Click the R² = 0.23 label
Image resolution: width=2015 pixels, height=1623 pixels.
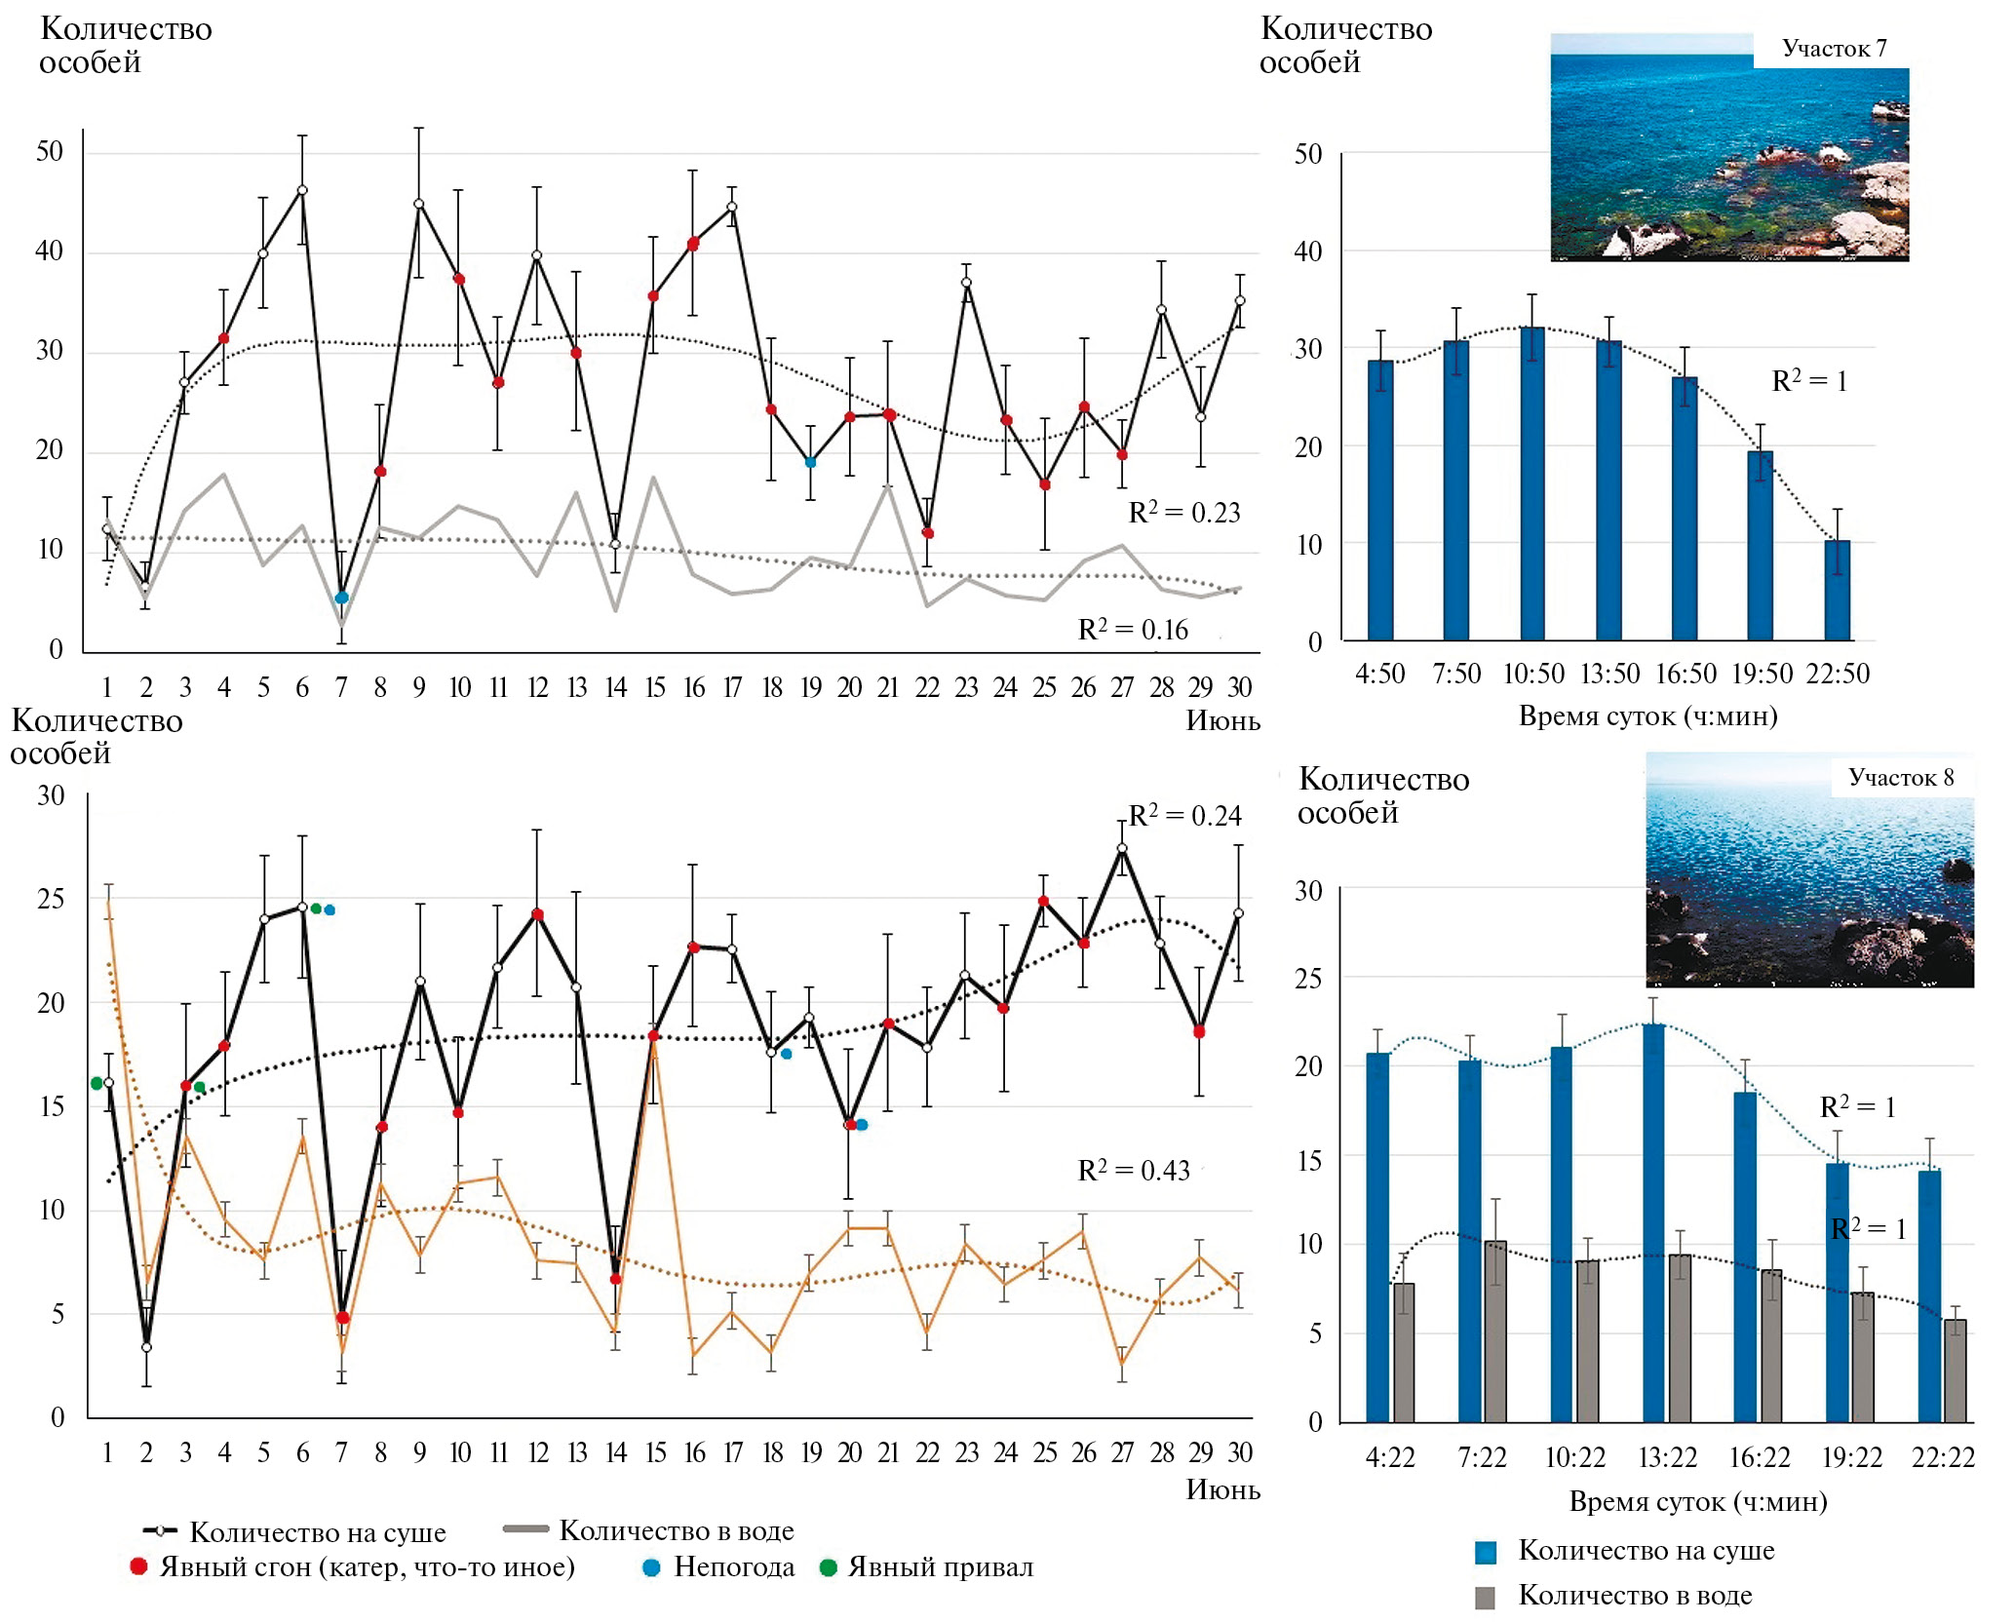(x=1183, y=513)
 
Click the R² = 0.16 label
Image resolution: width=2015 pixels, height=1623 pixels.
(x=1133, y=630)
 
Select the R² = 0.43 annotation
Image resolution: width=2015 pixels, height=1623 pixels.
(x=1134, y=1170)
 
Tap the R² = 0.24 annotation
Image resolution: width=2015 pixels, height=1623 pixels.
(x=1184, y=816)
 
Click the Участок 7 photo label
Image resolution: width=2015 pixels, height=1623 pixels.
(x=1834, y=49)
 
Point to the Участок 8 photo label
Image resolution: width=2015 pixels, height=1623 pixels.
(x=1901, y=778)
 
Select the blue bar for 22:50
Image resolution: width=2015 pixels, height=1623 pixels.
(x=1837, y=591)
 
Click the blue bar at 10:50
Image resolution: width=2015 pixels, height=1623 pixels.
(x=1532, y=484)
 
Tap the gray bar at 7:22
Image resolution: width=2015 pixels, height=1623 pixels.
(x=1495, y=1332)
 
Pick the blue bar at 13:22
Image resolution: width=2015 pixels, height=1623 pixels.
(x=1653, y=1223)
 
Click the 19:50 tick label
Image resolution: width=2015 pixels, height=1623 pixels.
(x=1762, y=674)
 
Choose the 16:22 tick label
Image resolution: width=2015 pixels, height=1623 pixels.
(x=1760, y=1457)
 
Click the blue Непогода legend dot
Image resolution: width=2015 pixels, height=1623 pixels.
(x=652, y=1567)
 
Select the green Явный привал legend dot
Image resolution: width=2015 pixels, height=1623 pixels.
(x=829, y=1567)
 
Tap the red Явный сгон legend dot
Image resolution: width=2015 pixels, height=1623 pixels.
(x=138, y=1566)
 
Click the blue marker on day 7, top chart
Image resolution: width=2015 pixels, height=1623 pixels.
(x=341, y=598)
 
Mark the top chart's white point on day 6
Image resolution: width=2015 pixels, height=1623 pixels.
(x=302, y=190)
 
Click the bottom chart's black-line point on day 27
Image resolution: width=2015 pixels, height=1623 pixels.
(x=1122, y=848)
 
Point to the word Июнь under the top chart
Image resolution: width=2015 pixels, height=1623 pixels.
(x=1222, y=720)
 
